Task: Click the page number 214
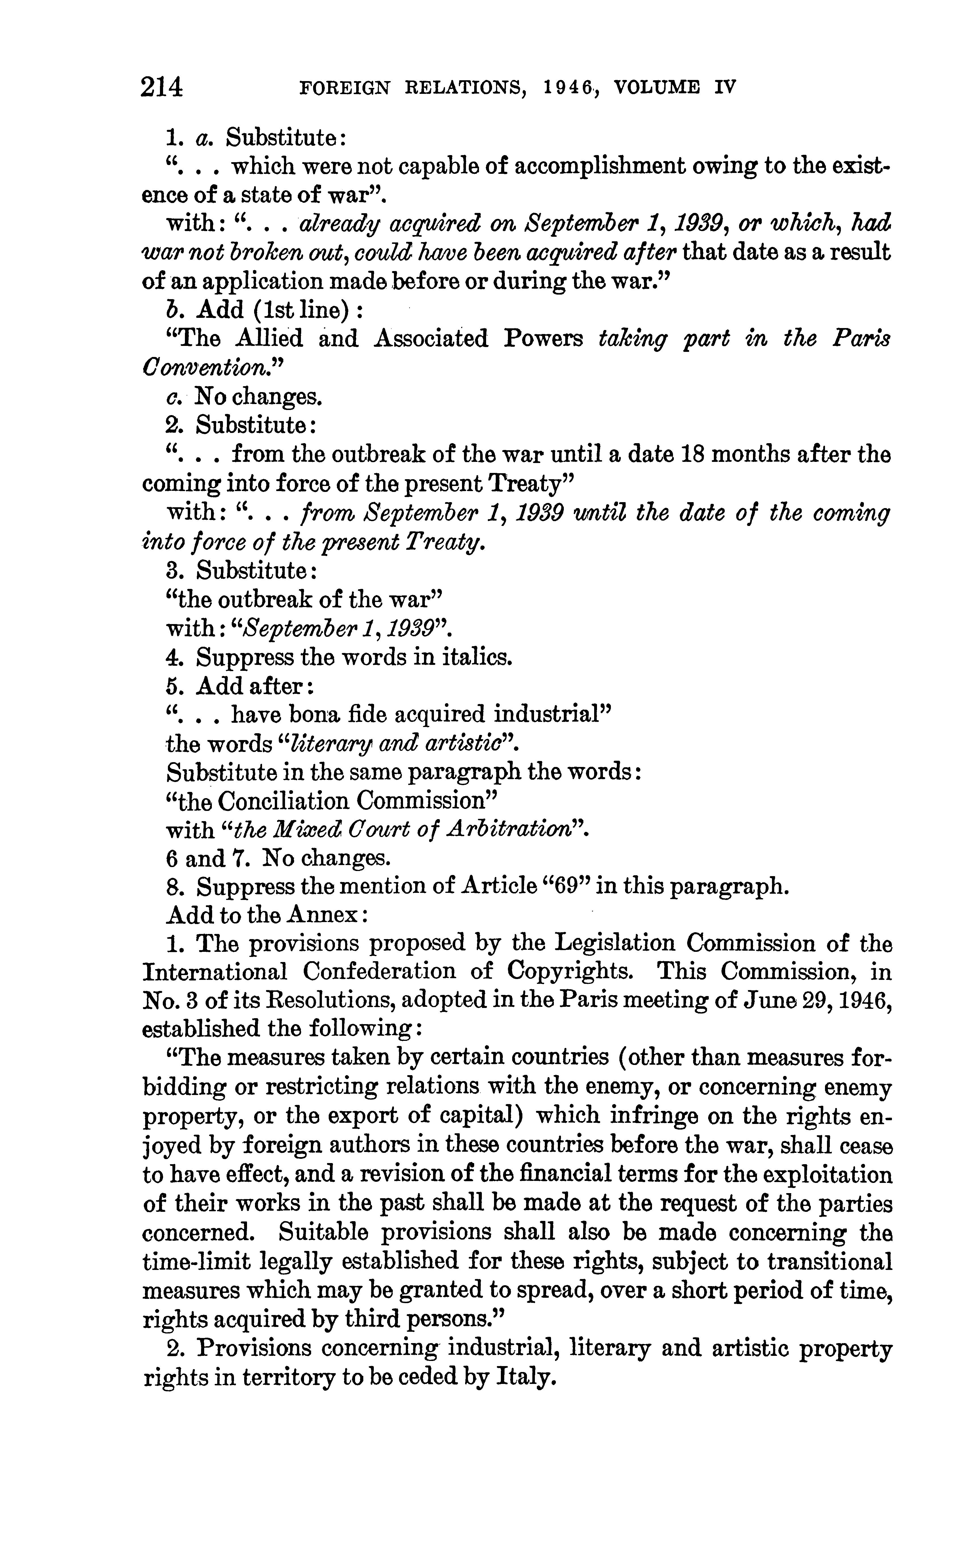163,87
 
